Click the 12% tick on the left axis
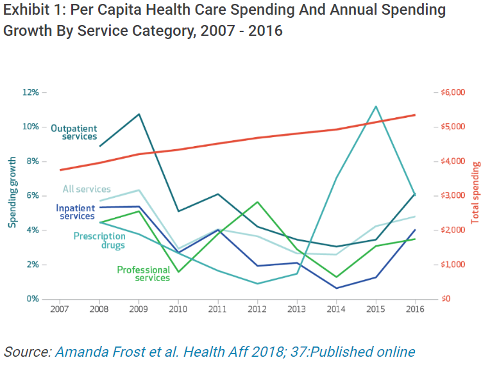(x=30, y=92)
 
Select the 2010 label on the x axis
(x=178, y=309)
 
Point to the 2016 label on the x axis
(x=415, y=309)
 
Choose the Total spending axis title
(x=476, y=192)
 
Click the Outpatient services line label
(x=74, y=132)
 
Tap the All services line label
(x=87, y=189)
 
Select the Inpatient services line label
(x=76, y=212)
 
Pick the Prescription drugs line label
(x=99, y=240)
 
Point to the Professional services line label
(x=144, y=274)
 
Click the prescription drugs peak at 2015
(x=376, y=106)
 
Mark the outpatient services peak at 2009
(x=139, y=114)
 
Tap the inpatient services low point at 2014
(x=336, y=288)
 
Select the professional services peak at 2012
(x=257, y=202)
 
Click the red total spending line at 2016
(x=415, y=115)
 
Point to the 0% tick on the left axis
(x=32, y=299)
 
